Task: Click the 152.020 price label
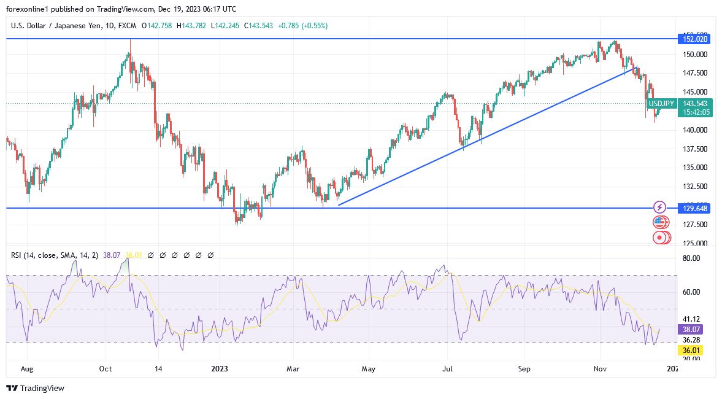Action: point(695,39)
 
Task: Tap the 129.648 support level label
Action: point(695,208)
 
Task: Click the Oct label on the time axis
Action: point(106,369)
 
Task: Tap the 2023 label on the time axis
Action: point(219,369)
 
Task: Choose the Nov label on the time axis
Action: point(601,369)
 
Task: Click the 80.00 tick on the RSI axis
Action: point(691,258)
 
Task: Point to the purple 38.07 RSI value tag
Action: point(691,329)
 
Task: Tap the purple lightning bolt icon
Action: point(659,207)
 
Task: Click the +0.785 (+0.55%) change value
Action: point(302,26)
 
